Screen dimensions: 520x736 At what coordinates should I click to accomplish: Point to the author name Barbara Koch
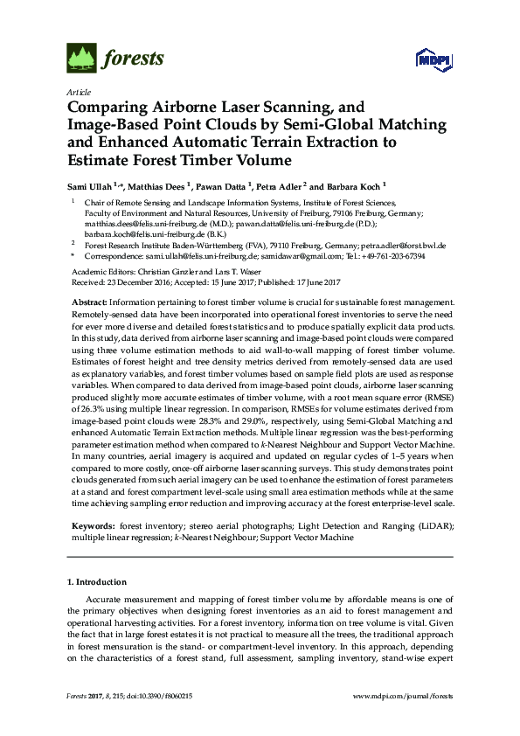click(354, 186)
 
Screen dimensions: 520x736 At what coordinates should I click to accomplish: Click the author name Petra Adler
click(284, 186)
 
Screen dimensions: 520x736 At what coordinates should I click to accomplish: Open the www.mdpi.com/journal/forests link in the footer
click(402, 695)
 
